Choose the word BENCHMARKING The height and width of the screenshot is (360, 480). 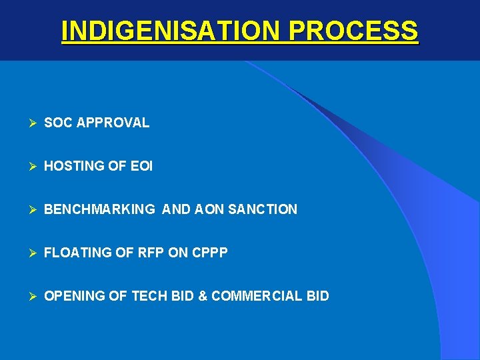tap(99, 209)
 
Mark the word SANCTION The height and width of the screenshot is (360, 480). tap(263, 209)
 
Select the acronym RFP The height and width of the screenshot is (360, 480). tap(145, 253)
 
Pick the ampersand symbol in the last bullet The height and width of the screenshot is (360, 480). tap(202, 296)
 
